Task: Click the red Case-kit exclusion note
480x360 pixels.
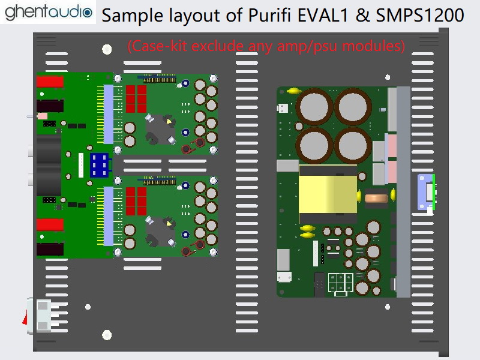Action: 266,46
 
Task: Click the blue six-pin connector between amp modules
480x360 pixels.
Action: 99,164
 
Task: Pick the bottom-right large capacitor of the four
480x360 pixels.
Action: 352,146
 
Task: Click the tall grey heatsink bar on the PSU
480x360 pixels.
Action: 403,192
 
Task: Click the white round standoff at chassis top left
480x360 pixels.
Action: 107,49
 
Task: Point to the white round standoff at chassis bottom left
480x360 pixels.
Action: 107,335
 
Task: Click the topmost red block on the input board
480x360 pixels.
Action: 50,82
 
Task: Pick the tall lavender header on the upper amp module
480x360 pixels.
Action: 109,114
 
